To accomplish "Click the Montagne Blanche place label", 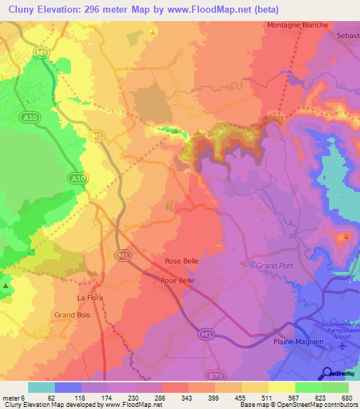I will click(x=297, y=25).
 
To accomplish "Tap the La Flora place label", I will click(x=90, y=298).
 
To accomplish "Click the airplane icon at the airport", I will click(x=343, y=346).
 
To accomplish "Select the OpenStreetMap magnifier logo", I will click(x=327, y=373).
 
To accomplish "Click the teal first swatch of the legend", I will click(x=41, y=387).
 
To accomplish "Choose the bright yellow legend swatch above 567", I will click(x=282, y=387).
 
